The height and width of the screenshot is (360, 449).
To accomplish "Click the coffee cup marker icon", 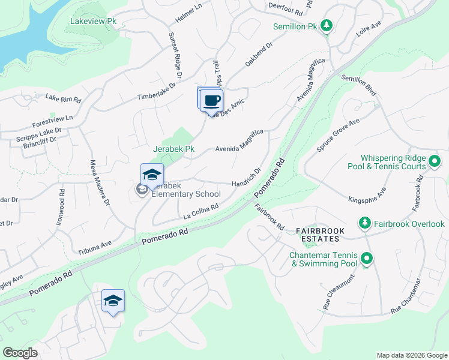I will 210,100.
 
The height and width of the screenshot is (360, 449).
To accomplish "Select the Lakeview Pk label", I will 93,21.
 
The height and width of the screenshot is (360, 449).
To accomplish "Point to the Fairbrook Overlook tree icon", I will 364,224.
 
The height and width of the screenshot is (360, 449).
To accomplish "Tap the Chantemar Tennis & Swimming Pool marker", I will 367,260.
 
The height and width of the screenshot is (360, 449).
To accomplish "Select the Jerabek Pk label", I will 173,148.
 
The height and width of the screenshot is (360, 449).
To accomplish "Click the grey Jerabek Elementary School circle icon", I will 142,190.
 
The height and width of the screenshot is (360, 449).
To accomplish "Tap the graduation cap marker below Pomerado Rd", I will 113,302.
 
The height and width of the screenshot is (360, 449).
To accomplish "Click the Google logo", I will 20,353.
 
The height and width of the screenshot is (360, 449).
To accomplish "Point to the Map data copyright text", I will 411,355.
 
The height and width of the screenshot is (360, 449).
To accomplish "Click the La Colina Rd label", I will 200,210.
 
